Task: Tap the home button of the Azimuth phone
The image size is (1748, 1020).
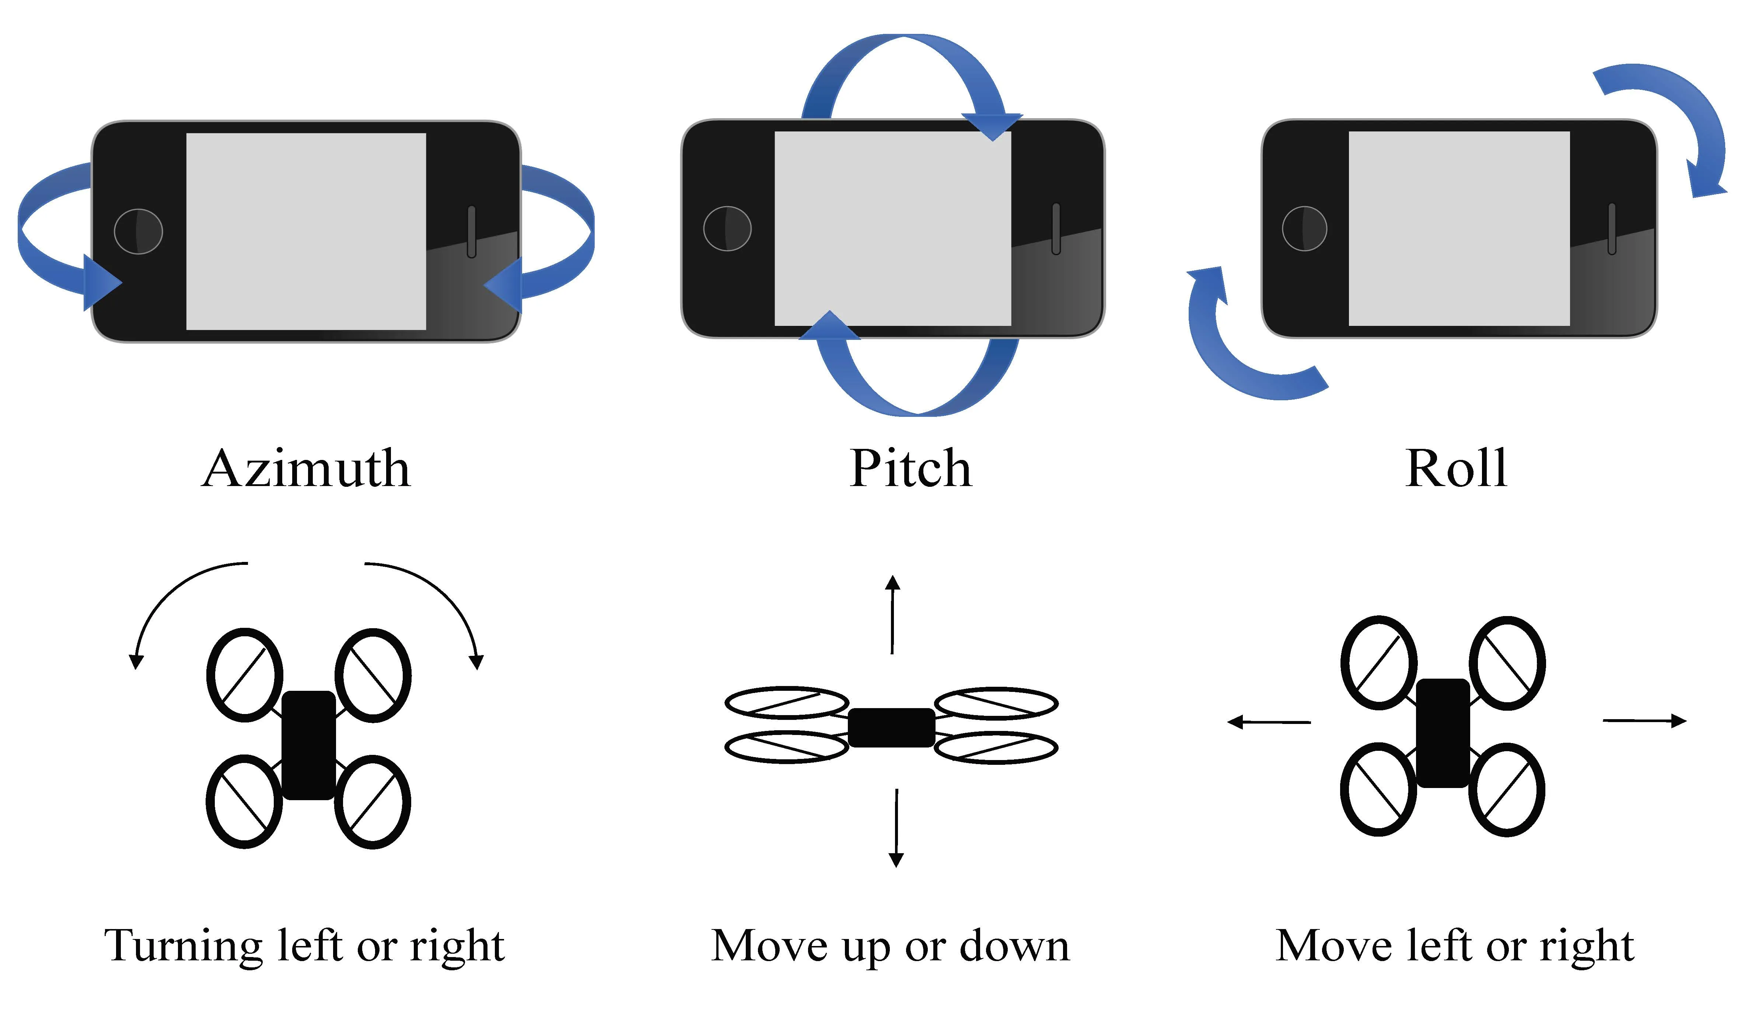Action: pos(138,231)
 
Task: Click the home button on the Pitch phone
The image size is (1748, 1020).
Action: pos(727,228)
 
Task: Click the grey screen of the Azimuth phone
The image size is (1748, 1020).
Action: pos(306,231)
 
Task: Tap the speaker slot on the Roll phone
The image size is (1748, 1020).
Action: pos(1611,229)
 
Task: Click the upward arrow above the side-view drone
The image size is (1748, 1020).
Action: pos(893,614)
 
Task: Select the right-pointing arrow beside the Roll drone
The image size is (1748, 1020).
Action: pos(1644,721)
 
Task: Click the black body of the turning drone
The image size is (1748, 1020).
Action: pos(309,745)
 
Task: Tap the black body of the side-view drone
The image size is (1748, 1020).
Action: pos(891,727)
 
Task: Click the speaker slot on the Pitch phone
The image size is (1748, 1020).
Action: pos(1056,229)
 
